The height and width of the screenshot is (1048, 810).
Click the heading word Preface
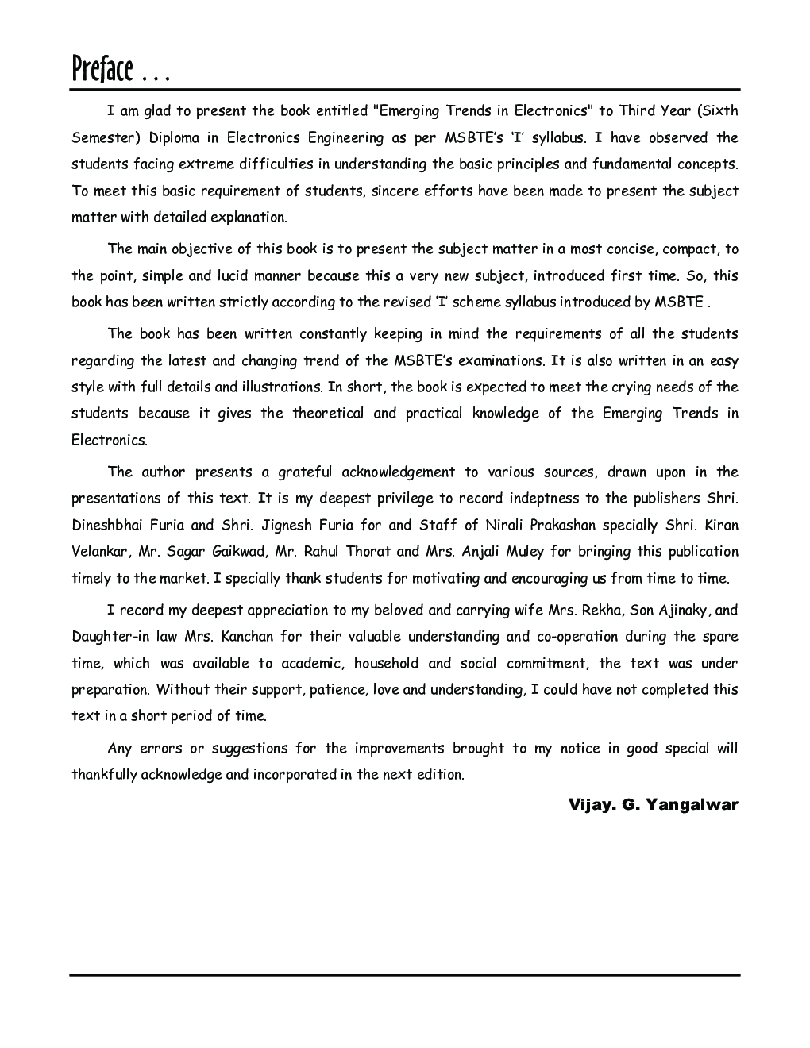[101, 70]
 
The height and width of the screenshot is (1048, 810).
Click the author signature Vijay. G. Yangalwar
[653, 805]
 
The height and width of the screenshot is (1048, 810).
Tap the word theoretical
[328, 414]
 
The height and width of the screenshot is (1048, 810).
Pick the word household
[386, 664]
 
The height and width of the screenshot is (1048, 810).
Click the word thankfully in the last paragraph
[104, 775]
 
